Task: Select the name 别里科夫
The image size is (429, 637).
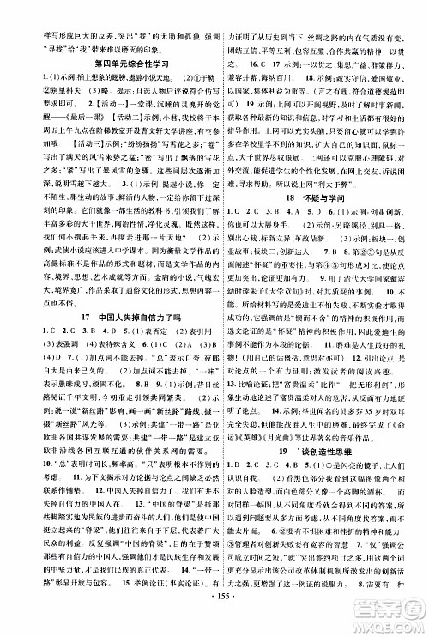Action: (33, 82)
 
